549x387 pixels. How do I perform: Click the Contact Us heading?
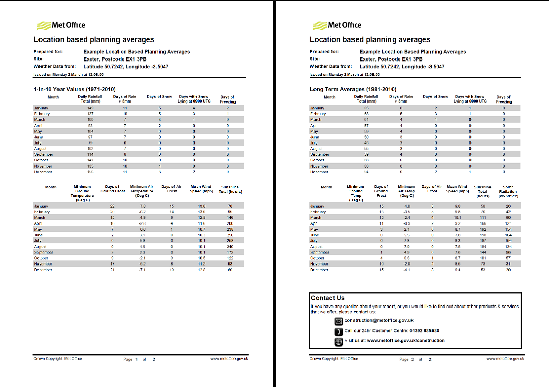click(x=328, y=298)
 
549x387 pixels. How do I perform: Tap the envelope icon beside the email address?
click(x=338, y=321)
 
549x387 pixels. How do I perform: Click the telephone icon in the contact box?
click(x=338, y=331)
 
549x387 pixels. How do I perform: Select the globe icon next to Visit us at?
click(x=338, y=341)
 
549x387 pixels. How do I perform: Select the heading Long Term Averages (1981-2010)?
click(x=353, y=89)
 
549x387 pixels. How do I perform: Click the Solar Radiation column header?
click(x=507, y=191)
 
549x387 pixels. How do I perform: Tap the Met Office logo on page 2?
click(x=337, y=25)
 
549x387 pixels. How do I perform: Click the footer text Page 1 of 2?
click(x=139, y=359)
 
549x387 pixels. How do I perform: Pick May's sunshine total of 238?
click(x=230, y=229)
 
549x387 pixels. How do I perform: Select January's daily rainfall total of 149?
click(x=90, y=108)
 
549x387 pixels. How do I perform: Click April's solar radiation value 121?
click(x=508, y=223)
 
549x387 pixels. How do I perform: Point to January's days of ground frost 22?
click(x=112, y=206)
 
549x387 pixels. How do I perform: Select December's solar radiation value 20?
click(x=508, y=270)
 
